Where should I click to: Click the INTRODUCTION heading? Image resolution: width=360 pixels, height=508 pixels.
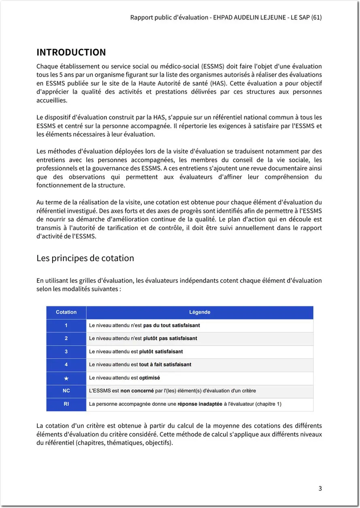(x=71, y=52)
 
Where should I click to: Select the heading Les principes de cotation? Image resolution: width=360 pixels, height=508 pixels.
(x=85, y=258)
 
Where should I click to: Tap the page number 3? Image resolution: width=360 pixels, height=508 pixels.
(x=320, y=488)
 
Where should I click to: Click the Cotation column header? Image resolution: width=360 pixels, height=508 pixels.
(x=66, y=312)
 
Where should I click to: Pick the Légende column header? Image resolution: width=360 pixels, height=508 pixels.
(x=200, y=312)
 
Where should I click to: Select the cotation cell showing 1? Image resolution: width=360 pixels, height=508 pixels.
(x=66, y=325)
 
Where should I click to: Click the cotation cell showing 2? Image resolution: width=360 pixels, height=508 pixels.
(x=66, y=338)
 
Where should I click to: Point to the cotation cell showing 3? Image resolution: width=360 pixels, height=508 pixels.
(x=66, y=352)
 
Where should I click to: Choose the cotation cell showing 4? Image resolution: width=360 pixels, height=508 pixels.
(x=66, y=365)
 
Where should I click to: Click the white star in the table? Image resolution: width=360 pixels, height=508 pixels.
(x=66, y=378)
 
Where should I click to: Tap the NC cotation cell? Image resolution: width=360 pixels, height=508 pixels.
(x=66, y=391)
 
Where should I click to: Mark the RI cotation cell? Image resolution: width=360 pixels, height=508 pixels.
(x=66, y=404)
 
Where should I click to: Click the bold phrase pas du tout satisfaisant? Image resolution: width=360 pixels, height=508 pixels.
(x=171, y=325)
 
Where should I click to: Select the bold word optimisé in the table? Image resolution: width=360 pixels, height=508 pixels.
(x=149, y=378)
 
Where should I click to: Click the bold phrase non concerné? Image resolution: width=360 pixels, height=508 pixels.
(x=136, y=391)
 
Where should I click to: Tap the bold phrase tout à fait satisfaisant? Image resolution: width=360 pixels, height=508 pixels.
(x=165, y=365)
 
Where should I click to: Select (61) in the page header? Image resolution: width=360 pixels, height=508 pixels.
(x=316, y=18)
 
